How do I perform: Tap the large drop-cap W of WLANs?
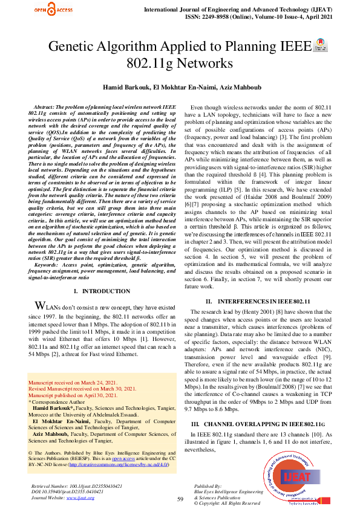click(x=40, y=305)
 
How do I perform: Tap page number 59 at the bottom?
click(x=180, y=499)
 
